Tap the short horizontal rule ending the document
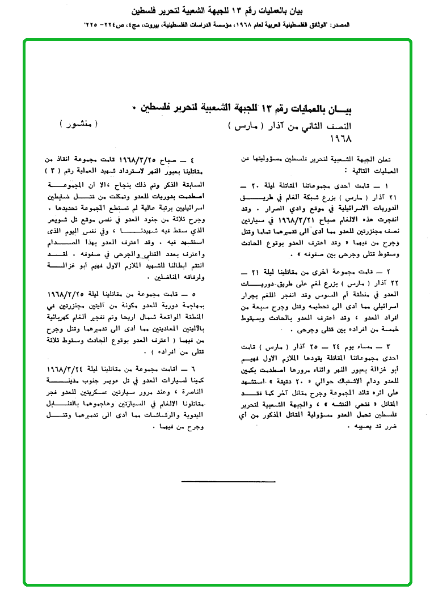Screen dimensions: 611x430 [229, 482]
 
